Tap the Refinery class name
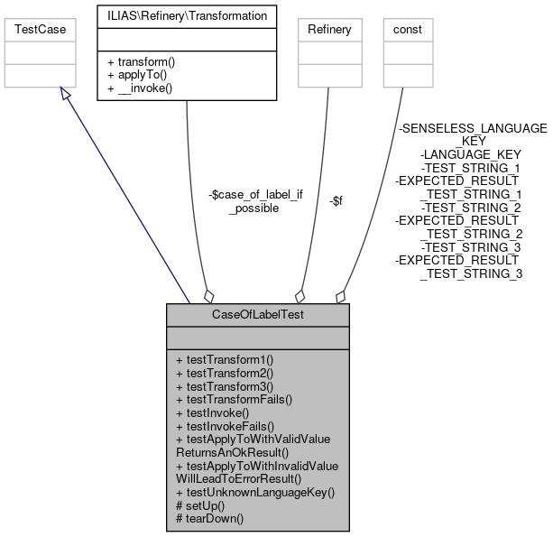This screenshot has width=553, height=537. (329, 29)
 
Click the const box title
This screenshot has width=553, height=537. (408, 29)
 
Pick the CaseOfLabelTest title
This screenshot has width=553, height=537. (257, 314)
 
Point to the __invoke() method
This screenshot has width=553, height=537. (140, 88)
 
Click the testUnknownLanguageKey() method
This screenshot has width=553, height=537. (255, 492)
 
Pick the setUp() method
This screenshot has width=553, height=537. (200, 505)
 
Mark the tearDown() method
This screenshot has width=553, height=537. (209, 519)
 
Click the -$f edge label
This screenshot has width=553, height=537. (335, 200)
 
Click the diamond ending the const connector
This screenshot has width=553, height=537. (341, 296)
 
